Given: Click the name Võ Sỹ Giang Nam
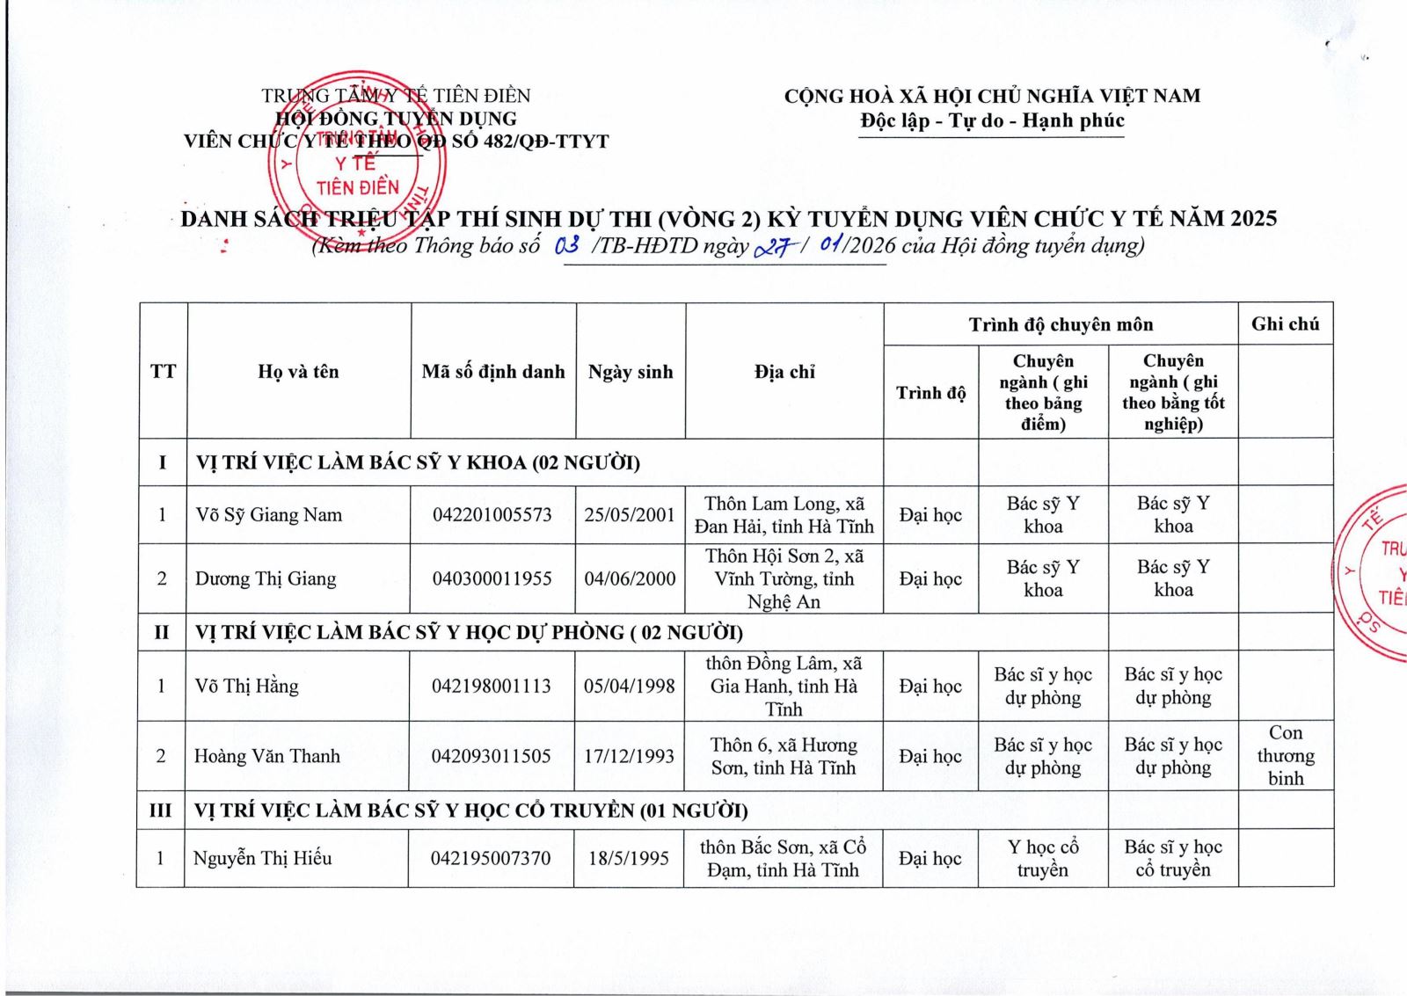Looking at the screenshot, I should (x=268, y=515).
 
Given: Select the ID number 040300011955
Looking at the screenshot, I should (x=492, y=578).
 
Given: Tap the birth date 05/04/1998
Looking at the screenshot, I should (x=630, y=686).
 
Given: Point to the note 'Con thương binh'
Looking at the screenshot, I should (x=1285, y=755).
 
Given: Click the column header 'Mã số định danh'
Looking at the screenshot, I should (x=493, y=372).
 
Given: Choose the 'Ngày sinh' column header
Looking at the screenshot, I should (x=631, y=372).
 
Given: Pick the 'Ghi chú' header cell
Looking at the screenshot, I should (x=1285, y=324).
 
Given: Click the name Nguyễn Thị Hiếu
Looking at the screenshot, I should (x=263, y=858).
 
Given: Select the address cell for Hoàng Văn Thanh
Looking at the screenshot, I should (x=784, y=756).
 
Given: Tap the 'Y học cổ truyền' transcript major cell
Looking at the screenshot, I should (x=1043, y=858).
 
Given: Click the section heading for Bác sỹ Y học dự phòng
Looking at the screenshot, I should (x=469, y=632).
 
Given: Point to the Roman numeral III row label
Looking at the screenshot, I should (x=161, y=810).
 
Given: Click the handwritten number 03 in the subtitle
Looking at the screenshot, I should (x=567, y=245).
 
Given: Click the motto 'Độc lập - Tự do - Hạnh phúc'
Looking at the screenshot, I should (x=992, y=120).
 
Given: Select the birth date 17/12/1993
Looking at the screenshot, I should (x=630, y=756).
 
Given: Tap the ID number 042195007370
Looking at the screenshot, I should (x=491, y=858).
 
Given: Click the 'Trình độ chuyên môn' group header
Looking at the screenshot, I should (x=1061, y=324).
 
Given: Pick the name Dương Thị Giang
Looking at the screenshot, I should (x=266, y=578).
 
